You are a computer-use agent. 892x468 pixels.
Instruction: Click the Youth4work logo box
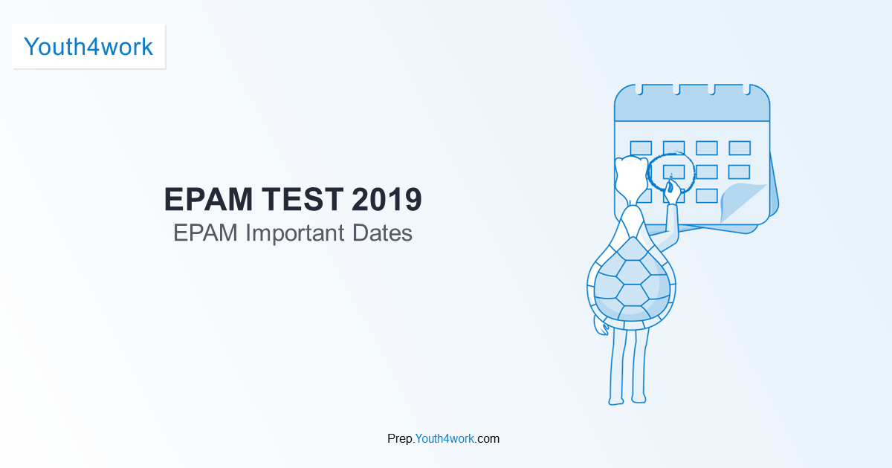coord(88,47)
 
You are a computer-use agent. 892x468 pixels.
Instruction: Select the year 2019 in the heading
coord(387,200)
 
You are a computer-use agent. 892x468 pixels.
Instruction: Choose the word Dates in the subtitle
coord(378,233)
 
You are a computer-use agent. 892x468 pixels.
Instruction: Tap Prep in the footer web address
coord(399,439)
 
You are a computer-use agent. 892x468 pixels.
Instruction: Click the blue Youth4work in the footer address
coord(445,439)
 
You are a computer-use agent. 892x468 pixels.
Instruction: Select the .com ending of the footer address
coord(488,439)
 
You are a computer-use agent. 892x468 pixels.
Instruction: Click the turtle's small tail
coord(600,328)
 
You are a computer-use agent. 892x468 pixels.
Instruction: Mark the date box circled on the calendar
coord(673,172)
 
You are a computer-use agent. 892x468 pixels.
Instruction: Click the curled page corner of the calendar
coord(743,201)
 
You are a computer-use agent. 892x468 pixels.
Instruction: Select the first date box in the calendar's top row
coord(641,148)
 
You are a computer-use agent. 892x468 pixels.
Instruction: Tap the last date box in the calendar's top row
coord(740,148)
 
